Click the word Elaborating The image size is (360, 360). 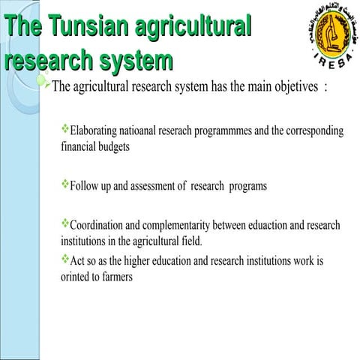point(95,131)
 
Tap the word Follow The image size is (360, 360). point(84,185)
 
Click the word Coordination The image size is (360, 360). point(99,226)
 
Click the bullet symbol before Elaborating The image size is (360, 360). point(64,129)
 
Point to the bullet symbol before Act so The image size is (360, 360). point(64,259)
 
